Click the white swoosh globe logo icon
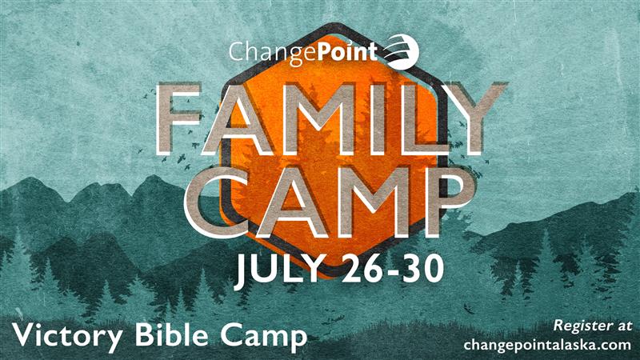401,51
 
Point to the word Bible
172,334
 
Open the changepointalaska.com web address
547,345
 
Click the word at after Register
622,326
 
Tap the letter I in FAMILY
375,118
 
